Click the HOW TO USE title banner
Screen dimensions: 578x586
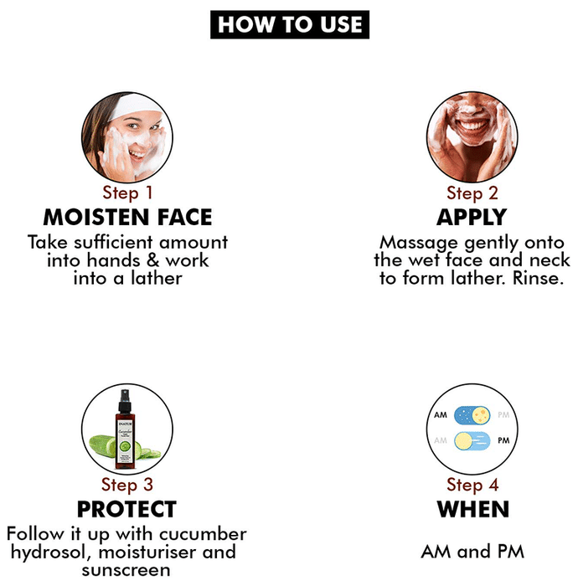coord(290,24)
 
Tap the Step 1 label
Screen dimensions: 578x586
coord(127,193)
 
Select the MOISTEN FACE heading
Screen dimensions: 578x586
coord(127,217)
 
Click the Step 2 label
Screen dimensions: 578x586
coord(472,193)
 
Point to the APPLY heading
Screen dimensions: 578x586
coord(472,217)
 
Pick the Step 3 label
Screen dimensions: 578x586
coord(127,485)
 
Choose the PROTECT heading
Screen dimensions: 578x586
coord(126,509)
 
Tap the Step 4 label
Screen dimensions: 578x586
coord(472,485)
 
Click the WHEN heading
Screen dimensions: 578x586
coord(473,509)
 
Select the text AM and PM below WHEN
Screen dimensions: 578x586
coord(472,552)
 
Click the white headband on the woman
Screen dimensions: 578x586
coord(136,105)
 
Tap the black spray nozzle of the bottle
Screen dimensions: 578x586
coord(125,401)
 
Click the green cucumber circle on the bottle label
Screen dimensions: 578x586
coord(125,446)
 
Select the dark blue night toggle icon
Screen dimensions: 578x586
coord(472,415)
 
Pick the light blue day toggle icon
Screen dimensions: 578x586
coord(472,441)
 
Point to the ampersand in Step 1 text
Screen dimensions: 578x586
coord(152,260)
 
